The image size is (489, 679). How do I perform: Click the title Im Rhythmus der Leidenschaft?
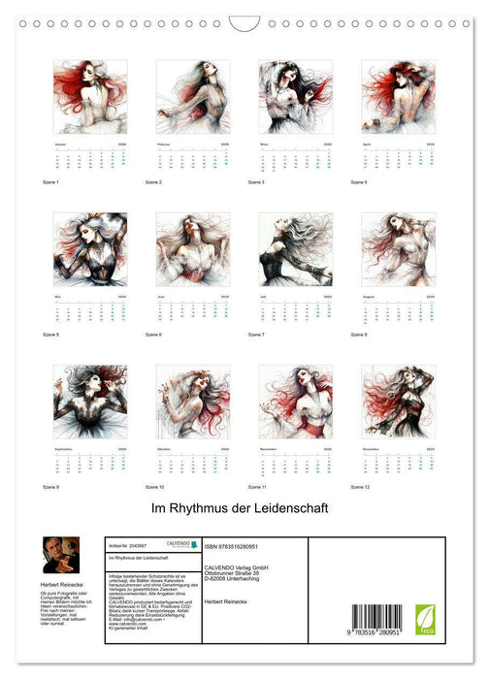tap(244, 507)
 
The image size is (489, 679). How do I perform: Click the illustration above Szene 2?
tap(193, 97)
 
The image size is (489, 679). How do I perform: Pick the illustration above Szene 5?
tap(90, 249)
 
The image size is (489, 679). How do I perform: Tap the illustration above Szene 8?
tap(399, 249)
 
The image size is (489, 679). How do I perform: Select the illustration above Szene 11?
tap(296, 401)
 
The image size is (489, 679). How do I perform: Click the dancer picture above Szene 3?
tap(296, 97)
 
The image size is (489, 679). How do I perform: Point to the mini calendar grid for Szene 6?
tap(193, 310)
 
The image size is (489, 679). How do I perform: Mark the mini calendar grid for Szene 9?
tap(90, 463)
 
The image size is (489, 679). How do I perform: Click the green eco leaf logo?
tap(425, 620)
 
